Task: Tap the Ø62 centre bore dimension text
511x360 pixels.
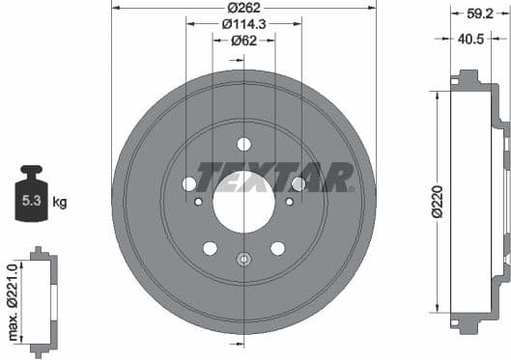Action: pyautogui.click(x=243, y=41)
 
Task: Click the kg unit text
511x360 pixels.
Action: pyautogui.click(x=59, y=203)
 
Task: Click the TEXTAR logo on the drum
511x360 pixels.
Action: pyautogui.click(x=274, y=177)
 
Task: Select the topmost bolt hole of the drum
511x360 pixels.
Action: pyautogui.click(x=243, y=144)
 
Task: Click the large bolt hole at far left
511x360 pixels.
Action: pyautogui.click(x=189, y=183)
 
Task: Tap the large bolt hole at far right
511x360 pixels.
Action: pyautogui.click(x=298, y=183)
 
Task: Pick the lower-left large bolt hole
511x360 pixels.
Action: pyautogui.click(x=210, y=248)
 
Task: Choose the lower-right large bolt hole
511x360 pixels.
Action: pyautogui.click(x=277, y=248)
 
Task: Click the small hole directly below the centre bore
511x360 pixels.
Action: pyautogui.click(x=243, y=258)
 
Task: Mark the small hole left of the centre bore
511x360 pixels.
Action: pyautogui.click(x=198, y=201)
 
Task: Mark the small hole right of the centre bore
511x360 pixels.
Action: pyautogui.click(x=289, y=201)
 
